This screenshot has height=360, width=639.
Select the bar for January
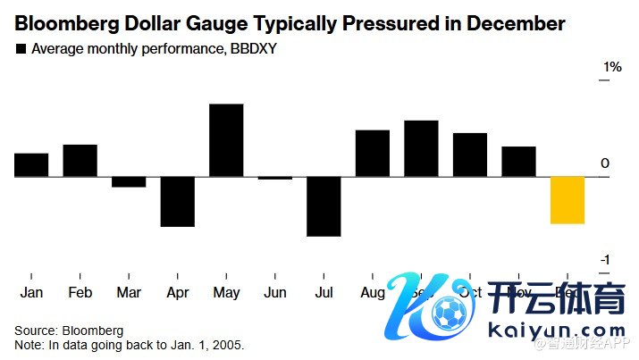coord(31,165)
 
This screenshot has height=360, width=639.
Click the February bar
coord(80,161)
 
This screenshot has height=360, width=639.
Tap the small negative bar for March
coord(129,181)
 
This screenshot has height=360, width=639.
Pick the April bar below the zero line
coord(178,201)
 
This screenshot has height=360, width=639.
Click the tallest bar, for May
coord(226,140)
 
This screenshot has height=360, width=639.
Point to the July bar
coord(324,206)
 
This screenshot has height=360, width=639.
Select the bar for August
coord(373,154)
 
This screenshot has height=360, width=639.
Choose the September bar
coord(421,148)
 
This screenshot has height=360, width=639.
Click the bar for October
coord(470,155)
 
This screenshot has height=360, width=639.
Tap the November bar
coord(518,162)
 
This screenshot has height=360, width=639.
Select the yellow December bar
coord(568,200)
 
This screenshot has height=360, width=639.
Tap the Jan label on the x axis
coord(31,293)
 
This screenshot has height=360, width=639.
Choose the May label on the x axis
coord(226,293)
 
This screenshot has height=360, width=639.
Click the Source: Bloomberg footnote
coord(69,330)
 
